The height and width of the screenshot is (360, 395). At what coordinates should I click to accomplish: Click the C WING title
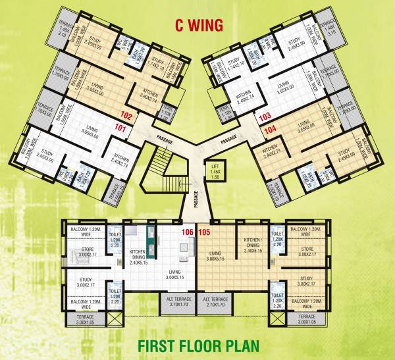pos(198,25)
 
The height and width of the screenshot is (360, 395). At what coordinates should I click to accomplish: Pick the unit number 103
pos(265,117)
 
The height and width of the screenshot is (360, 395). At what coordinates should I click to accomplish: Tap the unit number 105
pos(204,232)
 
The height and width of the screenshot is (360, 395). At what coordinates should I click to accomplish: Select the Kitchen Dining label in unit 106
pos(138,255)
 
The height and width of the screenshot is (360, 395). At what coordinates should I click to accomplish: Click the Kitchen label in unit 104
pos(273,153)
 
